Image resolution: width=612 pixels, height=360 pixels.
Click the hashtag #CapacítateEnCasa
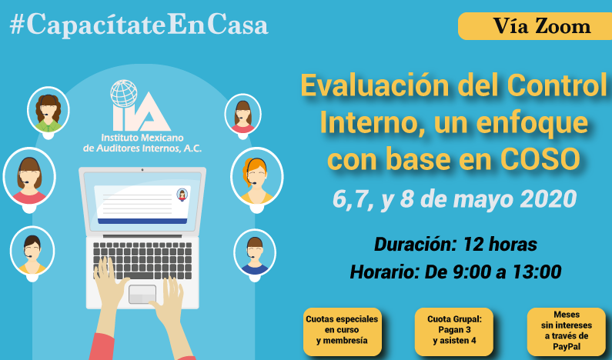[139, 25]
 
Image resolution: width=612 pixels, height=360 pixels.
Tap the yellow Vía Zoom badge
[535, 26]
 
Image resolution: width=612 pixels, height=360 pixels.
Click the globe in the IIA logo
[124, 93]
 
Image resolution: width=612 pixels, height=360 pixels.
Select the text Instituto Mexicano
[142, 138]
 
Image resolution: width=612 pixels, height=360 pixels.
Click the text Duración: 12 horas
[456, 245]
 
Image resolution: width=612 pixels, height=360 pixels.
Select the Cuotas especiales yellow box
[343, 332]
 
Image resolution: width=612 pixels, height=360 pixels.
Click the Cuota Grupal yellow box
[454, 332]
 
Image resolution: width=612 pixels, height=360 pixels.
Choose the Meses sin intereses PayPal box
[567, 332]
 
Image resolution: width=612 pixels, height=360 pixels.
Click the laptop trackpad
[142, 294]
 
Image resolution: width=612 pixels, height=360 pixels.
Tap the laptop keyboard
[142, 260]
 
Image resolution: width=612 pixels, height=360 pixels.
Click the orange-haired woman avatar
[257, 177]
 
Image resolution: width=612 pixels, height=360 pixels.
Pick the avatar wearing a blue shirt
[255, 252]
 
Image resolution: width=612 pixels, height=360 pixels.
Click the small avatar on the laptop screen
[182, 195]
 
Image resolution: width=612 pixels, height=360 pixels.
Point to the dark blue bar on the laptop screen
[142, 221]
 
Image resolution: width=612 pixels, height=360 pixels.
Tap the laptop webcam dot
[142, 170]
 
